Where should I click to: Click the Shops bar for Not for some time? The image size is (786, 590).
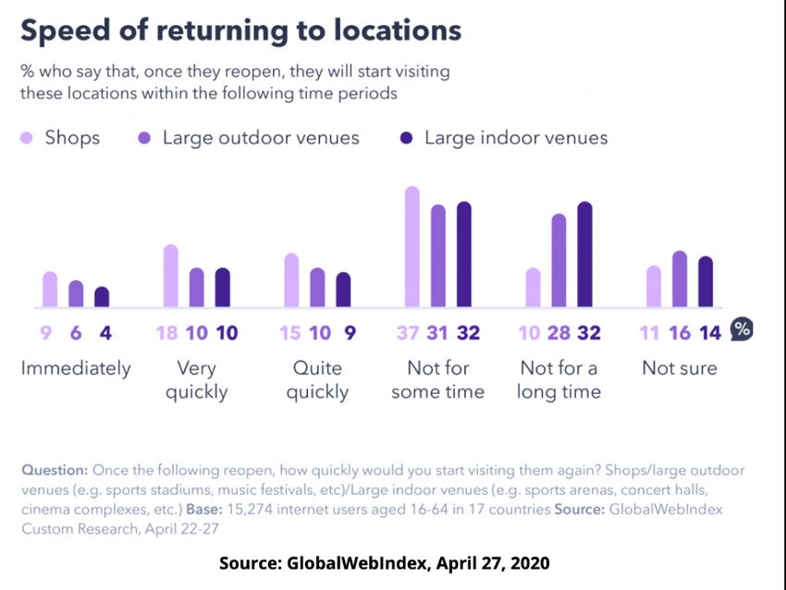pos(412,247)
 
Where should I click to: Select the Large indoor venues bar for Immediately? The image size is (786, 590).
pos(102,297)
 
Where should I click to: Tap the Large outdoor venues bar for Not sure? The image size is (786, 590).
pos(680,279)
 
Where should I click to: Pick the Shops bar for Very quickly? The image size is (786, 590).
pos(171,277)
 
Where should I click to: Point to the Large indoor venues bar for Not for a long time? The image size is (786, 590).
pos(584,254)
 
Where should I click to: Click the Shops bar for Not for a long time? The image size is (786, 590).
pos(533,288)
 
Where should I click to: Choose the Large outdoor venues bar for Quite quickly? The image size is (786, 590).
pos(317,288)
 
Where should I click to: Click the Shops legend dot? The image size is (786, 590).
pos(27,139)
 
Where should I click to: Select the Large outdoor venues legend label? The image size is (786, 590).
pos(261,139)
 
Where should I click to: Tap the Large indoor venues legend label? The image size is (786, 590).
pos(516,139)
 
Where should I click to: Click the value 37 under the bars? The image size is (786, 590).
pos(408,333)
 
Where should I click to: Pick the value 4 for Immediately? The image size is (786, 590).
pos(104,333)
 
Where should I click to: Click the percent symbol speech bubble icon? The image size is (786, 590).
pos(742,330)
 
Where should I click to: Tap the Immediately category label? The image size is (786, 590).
pos(76,368)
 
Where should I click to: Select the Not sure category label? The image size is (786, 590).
pos(680,368)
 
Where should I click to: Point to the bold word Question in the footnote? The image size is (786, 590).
pos(55,470)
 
